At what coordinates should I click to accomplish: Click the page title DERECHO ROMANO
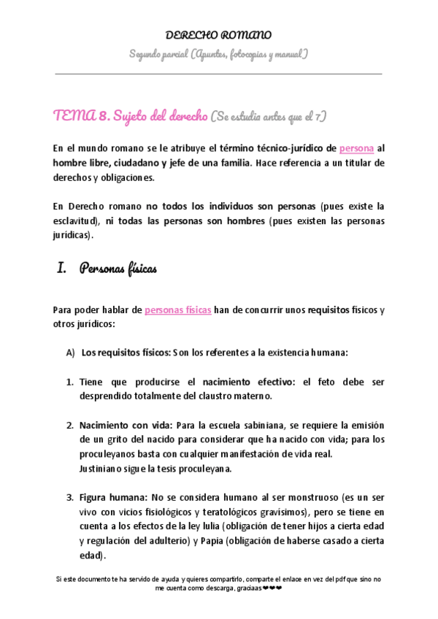pos(219,34)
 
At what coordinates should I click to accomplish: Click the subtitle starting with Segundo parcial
pos(219,54)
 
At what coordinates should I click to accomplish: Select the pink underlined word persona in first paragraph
pos(356,147)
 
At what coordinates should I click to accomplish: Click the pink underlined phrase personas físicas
pos(177,309)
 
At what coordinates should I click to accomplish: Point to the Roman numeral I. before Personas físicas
pos(62,268)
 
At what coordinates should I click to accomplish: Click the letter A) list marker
pos(71,352)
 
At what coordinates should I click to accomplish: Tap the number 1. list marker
pos(70,382)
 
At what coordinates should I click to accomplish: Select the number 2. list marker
pos(70,425)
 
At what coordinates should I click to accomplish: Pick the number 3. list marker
pos(70,497)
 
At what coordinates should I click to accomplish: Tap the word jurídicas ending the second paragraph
pos(72,236)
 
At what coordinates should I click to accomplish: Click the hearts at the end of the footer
pos(272,588)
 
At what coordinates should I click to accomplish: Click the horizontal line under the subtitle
pos(219,74)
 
